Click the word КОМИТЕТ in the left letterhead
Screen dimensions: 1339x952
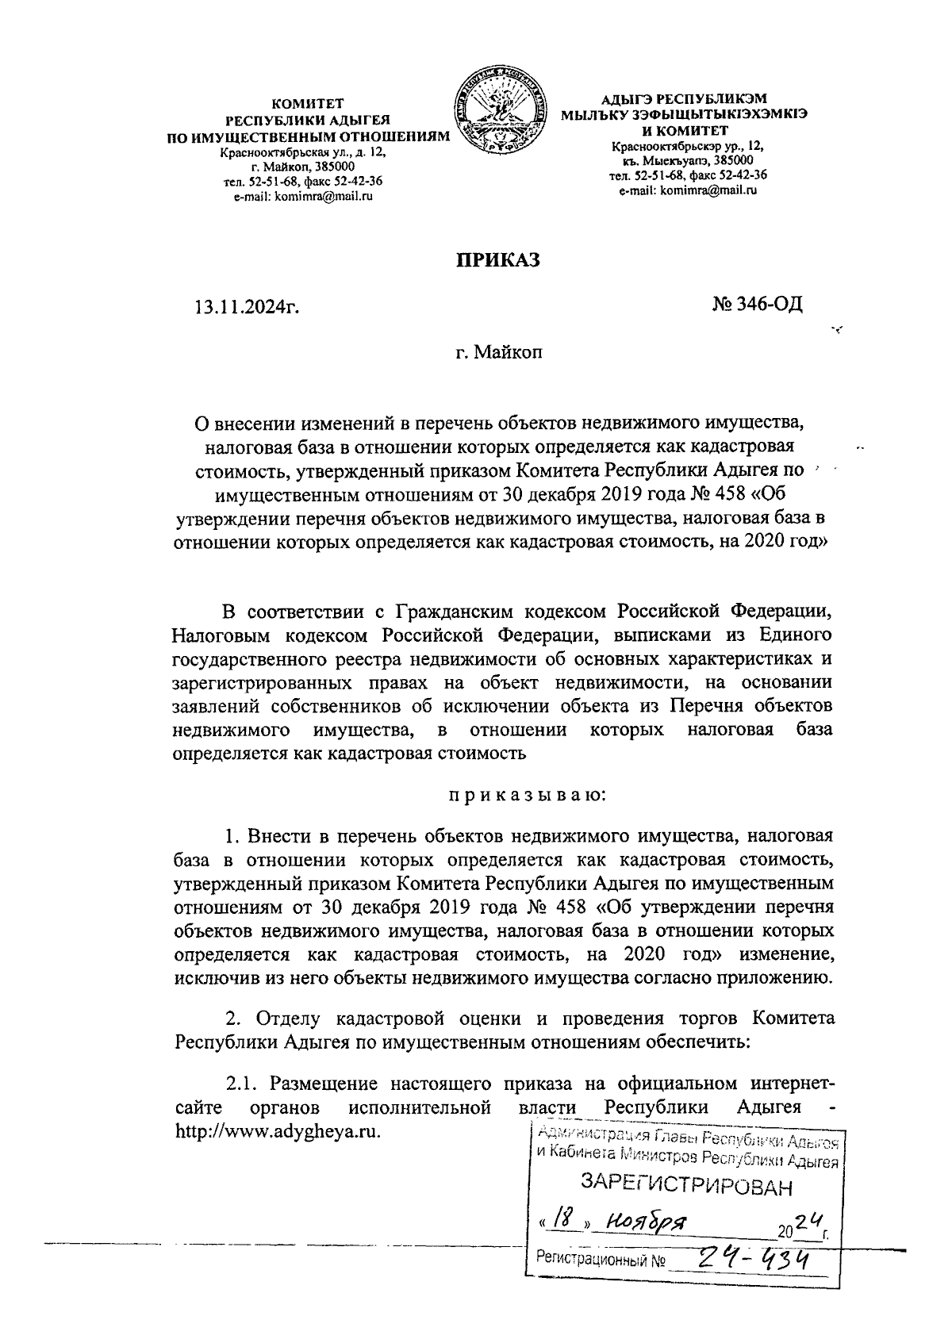point(305,103)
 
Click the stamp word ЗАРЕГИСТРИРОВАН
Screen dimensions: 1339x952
point(687,1187)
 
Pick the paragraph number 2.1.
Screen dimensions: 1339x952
point(242,1084)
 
